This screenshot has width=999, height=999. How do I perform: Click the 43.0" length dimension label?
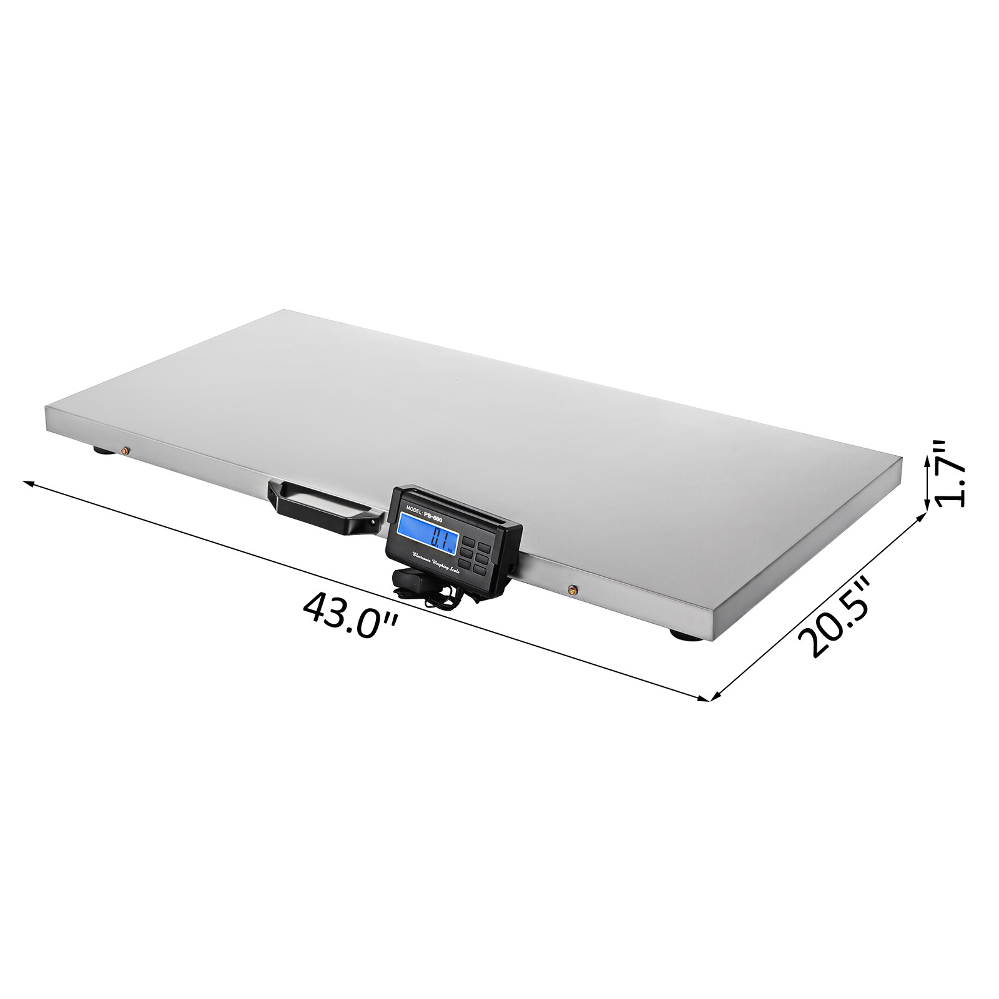350,614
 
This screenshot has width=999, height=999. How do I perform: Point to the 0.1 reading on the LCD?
441,536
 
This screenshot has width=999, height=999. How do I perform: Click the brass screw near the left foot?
127,450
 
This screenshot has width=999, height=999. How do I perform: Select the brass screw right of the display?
571,588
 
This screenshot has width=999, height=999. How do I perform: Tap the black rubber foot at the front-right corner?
682,635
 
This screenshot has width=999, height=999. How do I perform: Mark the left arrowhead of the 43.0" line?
26,483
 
